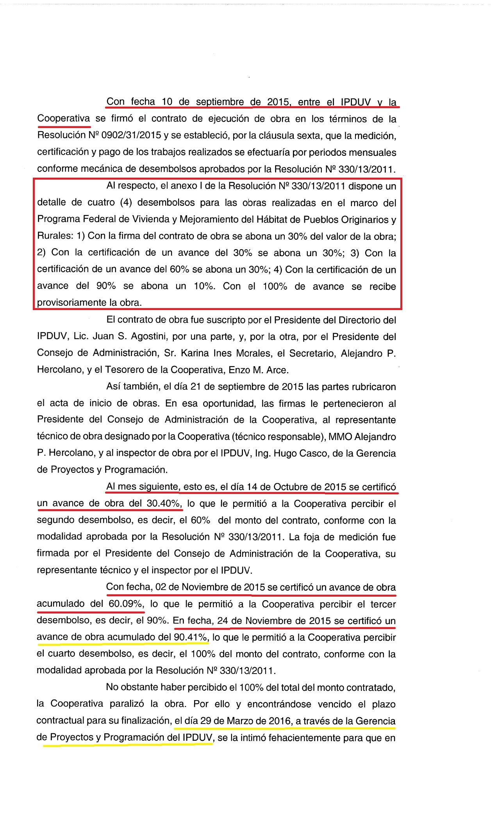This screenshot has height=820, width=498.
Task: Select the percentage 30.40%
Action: pos(164,504)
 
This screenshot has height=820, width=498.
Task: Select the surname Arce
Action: pos(278,370)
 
